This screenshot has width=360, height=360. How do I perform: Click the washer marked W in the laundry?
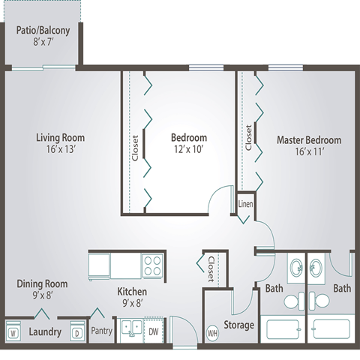(x=13, y=331)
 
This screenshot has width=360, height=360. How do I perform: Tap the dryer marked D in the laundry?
(x=77, y=331)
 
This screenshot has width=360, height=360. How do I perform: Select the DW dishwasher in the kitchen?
(x=154, y=331)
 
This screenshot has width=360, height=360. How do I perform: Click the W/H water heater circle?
(x=212, y=333)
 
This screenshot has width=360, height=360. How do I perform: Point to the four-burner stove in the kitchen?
(x=152, y=265)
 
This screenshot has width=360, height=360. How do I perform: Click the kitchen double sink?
(x=130, y=328)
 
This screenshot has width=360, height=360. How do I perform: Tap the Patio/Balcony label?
(x=43, y=31)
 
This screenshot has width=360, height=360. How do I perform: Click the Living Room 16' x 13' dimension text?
(x=61, y=149)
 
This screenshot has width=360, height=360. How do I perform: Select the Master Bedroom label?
(x=309, y=140)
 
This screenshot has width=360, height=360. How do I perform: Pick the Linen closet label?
(x=245, y=204)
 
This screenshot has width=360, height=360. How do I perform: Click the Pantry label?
(x=101, y=331)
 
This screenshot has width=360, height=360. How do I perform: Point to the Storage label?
(x=239, y=325)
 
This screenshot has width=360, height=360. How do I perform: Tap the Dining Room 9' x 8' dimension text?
(x=42, y=295)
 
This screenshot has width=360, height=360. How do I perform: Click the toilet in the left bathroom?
(x=294, y=301)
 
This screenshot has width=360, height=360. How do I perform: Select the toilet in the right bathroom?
(x=319, y=301)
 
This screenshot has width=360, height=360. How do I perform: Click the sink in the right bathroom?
(x=316, y=268)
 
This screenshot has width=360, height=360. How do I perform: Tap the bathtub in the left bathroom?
(x=283, y=329)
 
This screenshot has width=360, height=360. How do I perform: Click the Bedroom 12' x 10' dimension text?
(x=189, y=149)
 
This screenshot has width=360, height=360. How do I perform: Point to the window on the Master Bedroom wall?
(x=286, y=67)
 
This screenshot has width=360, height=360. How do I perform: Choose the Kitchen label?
(x=132, y=292)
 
